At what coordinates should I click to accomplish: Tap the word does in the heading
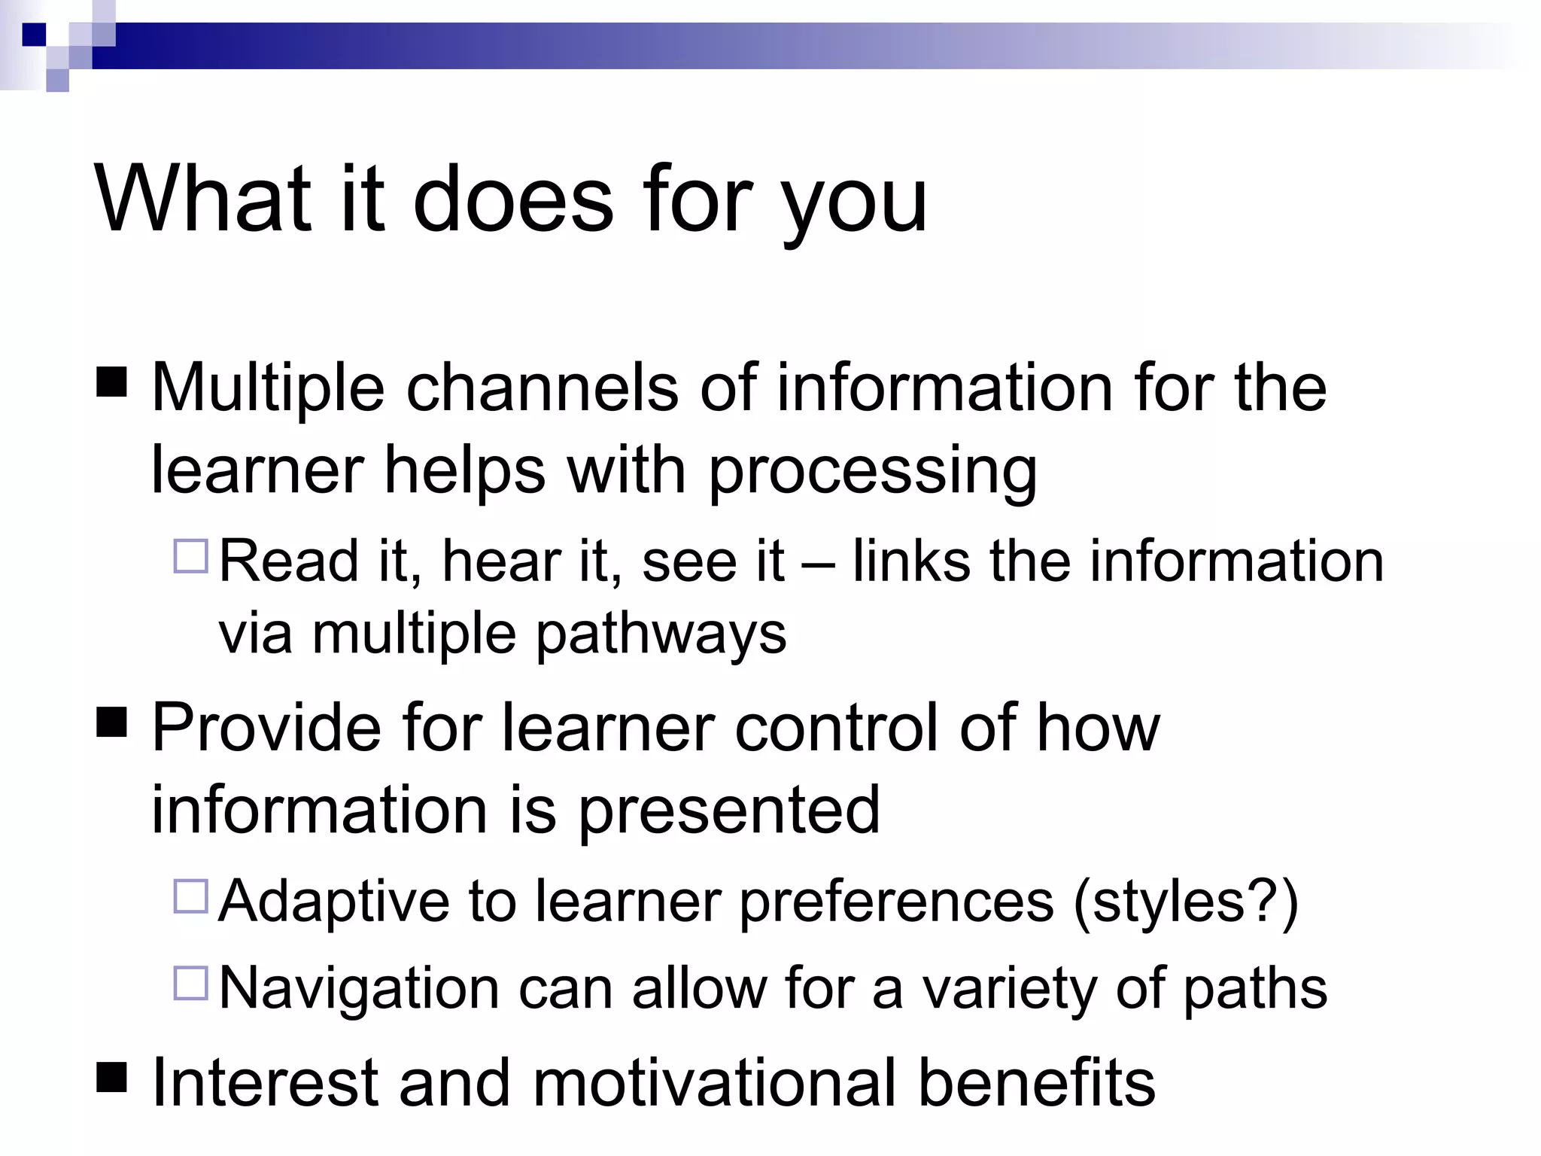513,199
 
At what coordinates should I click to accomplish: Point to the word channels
542,388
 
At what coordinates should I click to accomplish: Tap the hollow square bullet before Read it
190,556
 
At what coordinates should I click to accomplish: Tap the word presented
728,811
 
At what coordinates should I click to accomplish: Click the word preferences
896,902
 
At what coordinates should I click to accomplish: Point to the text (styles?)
1186,902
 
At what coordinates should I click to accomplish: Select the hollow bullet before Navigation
190,983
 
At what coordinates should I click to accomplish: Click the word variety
1009,990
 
